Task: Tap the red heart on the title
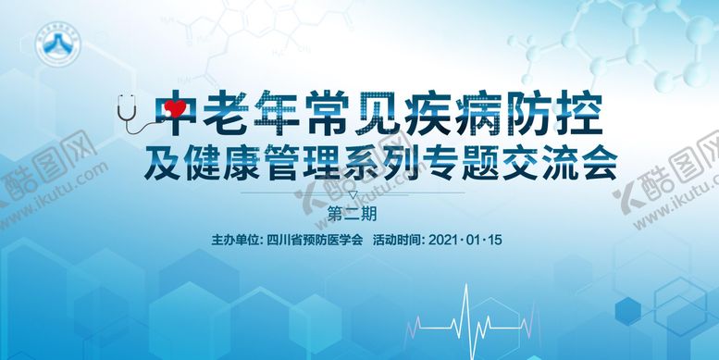pos(172,111)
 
